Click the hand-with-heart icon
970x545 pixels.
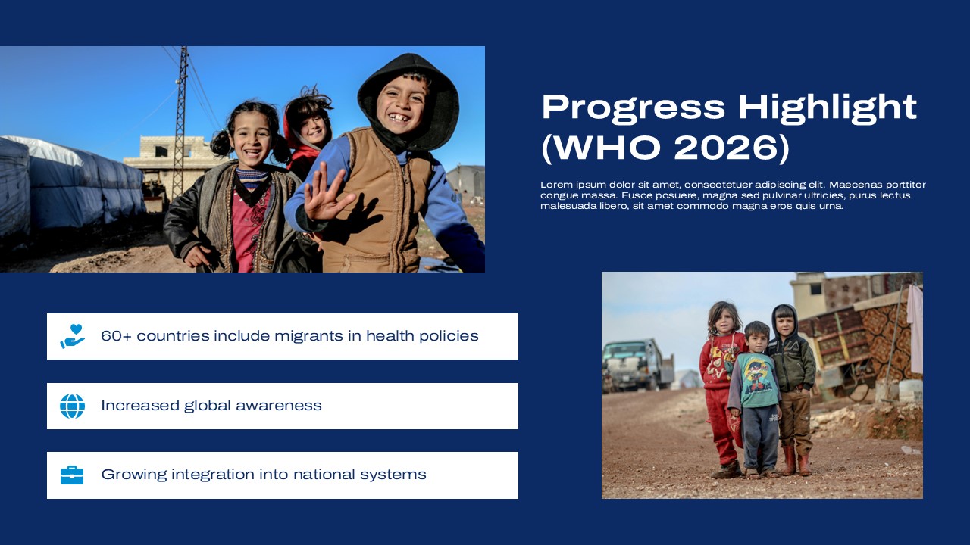(x=72, y=336)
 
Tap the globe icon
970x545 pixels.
(x=72, y=406)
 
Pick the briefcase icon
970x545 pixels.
(x=72, y=475)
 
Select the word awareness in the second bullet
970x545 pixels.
(x=278, y=406)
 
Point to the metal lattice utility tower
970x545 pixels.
(x=180, y=121)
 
